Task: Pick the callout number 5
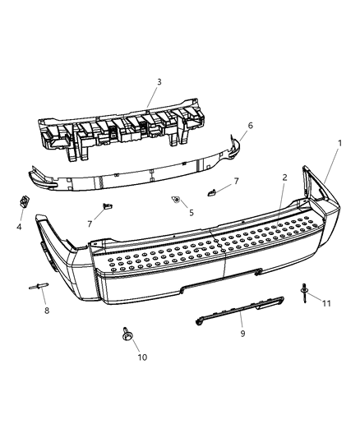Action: pos(192,213)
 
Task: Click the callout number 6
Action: pos(250,126)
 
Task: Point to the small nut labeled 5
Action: pos(177,200)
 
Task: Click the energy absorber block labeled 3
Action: pos(123,131)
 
